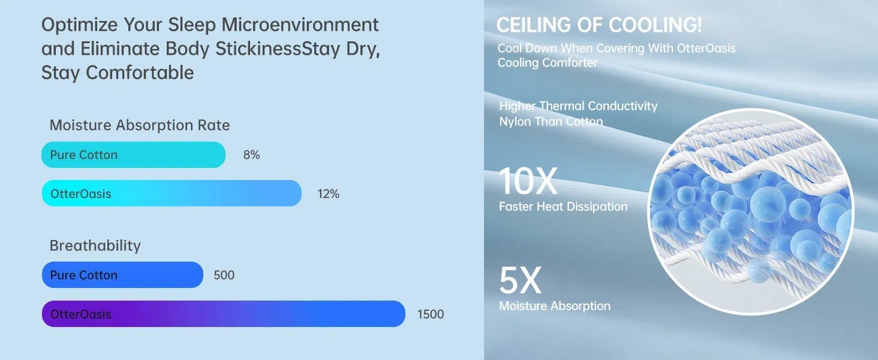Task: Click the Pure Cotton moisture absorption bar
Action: (133, 155)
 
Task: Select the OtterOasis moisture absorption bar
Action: (172, 193)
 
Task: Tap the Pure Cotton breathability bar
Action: (122, 275)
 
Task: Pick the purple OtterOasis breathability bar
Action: (224, 314)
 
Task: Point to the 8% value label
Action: (252, 155)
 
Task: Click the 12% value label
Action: (329, 194)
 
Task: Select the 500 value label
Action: (224, 275)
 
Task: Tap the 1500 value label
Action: (431, 314)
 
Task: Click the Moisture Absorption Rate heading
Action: (140, 125)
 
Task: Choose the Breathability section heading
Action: (95, 246)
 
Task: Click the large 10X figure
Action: (528, 181)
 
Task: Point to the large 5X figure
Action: (520, 280)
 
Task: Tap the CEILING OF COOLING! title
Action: (599, 25)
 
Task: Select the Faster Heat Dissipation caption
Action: (563, 206)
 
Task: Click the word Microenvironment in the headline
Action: (300, 25)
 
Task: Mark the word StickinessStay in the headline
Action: (278, 49)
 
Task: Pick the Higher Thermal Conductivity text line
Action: (578, 106)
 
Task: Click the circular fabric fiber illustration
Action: (750, 211)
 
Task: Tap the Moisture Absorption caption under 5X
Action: (555, 306)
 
